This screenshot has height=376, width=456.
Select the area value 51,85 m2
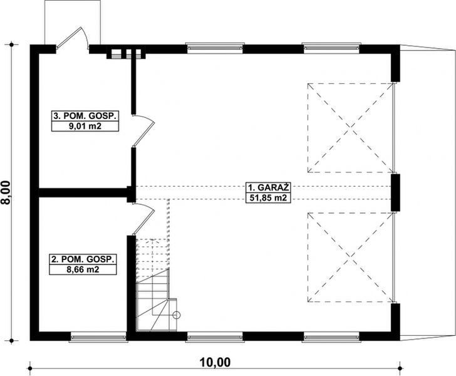click(262, 199)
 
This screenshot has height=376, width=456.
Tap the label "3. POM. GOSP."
click(85, 116)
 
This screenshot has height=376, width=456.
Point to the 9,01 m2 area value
click(85, 126)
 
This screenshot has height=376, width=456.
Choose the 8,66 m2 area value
click(84, 269)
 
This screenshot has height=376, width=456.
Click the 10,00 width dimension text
click(215, 362)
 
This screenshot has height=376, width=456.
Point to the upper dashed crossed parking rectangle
click(350, 128)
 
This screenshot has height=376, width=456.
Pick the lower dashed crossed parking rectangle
click(350, 257)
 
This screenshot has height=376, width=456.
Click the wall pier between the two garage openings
click(395, 191)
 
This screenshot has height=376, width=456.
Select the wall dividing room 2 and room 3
click(84, 192)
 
